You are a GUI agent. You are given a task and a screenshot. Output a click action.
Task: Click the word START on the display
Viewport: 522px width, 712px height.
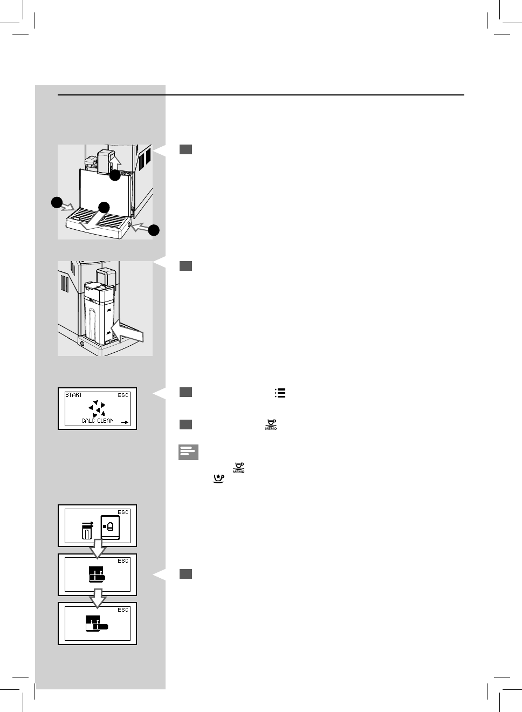click(74, 395)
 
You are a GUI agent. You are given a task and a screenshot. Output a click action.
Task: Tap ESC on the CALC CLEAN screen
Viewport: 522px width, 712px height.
click(123, 395)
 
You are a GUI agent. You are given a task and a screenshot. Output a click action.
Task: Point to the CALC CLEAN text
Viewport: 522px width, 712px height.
click(98, 420)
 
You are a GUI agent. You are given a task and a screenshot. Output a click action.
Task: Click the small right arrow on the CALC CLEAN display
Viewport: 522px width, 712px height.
click(125, 422)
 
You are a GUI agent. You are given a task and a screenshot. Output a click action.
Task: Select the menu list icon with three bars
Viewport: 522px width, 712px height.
click(280, 394)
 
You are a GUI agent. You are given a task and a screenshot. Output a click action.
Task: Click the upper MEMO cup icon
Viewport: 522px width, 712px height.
click(271, 425)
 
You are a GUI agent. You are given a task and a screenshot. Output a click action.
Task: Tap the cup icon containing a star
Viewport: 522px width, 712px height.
click(219, 478)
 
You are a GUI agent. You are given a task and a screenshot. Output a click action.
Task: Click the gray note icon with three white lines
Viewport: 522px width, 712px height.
click(188, 452)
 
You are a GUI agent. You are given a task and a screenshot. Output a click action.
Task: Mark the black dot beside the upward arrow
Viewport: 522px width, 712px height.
click(115, 175)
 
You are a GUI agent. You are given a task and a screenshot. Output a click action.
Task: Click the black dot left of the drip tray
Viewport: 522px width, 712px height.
click(57, 203)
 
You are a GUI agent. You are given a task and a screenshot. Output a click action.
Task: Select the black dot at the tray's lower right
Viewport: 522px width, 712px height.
click(154, 230)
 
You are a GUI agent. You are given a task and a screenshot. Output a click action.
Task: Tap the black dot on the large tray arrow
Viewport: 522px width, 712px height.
click(104, 207)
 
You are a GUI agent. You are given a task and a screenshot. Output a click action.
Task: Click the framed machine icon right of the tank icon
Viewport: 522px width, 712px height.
click(109, 526)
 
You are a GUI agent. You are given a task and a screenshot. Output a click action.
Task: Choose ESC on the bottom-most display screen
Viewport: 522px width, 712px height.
click(123, 610)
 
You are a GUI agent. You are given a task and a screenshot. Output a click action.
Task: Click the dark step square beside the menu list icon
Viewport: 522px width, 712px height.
click(186, 393)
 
